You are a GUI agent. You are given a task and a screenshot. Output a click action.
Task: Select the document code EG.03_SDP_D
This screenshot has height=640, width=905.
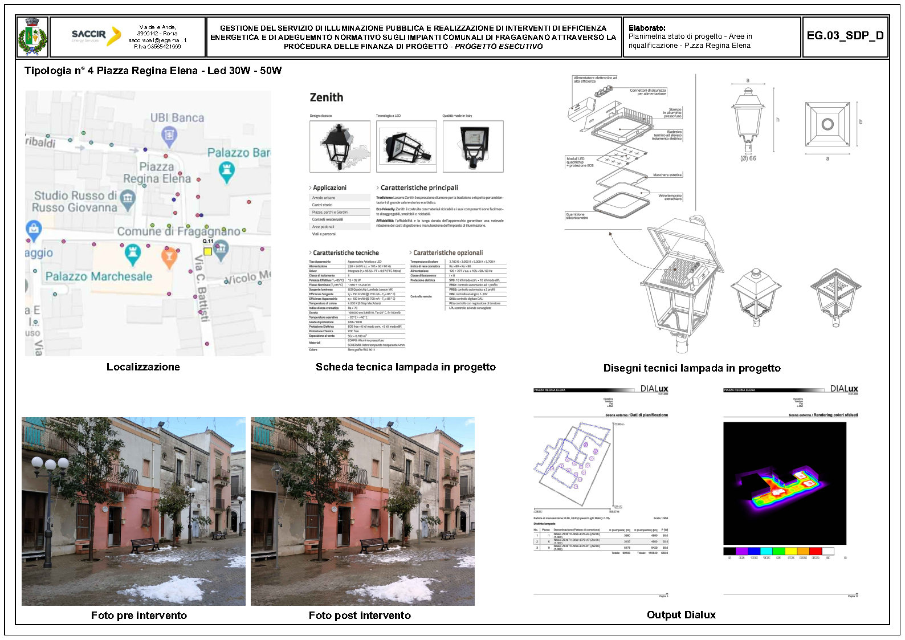coord(845,36)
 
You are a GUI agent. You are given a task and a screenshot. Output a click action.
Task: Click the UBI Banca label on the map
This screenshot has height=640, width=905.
coord(177,118)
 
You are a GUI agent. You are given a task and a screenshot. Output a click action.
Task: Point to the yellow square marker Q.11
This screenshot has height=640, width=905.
coord(208,251)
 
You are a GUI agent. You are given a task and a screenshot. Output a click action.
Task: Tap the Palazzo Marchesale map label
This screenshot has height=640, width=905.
coord(99,276)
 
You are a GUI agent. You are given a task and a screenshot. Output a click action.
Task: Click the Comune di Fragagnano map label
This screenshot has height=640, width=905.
coord(178,231)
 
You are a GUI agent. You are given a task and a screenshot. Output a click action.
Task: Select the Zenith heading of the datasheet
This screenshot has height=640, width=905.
coord(327,97)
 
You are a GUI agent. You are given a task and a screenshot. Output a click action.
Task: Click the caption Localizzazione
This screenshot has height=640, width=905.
coord(143,367)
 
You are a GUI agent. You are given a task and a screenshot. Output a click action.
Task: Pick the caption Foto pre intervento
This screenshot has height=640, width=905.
coord(139,615)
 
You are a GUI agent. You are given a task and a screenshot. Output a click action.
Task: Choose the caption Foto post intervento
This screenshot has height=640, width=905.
coord(360,615)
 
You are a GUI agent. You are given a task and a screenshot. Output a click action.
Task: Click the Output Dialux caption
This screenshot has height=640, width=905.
coord(681,615)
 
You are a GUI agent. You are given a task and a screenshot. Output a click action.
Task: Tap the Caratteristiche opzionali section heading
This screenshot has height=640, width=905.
coord(447,252)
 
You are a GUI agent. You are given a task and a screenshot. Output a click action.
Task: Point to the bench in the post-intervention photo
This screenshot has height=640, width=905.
coord(374,544)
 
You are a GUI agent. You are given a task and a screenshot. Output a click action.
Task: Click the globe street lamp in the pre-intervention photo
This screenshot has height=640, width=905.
coord(50,464)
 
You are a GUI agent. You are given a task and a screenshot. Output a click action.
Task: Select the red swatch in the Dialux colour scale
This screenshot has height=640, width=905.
coord(815,551)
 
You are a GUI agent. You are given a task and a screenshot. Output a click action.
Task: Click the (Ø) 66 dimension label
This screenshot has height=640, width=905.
coord(748,158)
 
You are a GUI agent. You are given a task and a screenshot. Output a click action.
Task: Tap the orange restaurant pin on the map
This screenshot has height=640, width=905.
coord(169,257)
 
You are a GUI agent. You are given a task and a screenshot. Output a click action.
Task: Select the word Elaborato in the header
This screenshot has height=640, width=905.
coord(647,28)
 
